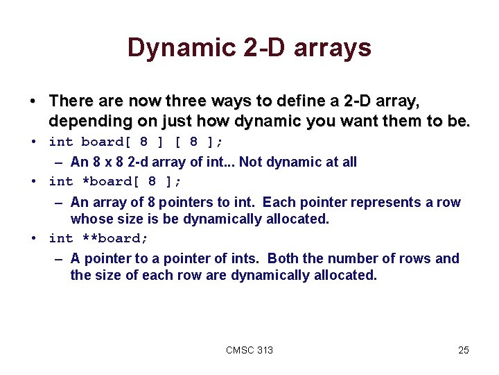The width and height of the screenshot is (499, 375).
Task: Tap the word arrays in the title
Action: [333, 48]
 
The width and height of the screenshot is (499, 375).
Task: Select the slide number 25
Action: [464, 350]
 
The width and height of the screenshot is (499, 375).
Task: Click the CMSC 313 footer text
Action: [249, 350]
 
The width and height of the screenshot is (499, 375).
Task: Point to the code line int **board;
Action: [98, 238]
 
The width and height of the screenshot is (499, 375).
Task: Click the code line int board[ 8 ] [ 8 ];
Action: [136, 142]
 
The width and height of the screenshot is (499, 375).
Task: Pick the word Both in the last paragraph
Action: [283, 259]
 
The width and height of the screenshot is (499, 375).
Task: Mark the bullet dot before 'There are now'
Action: [33, 102]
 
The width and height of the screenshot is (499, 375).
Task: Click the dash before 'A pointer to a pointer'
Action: [60, 259]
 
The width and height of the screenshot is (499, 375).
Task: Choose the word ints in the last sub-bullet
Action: [244, 259]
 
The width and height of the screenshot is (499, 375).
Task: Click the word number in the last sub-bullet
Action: [355, 259]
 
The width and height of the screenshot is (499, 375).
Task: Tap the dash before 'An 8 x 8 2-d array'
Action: [60, 162]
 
